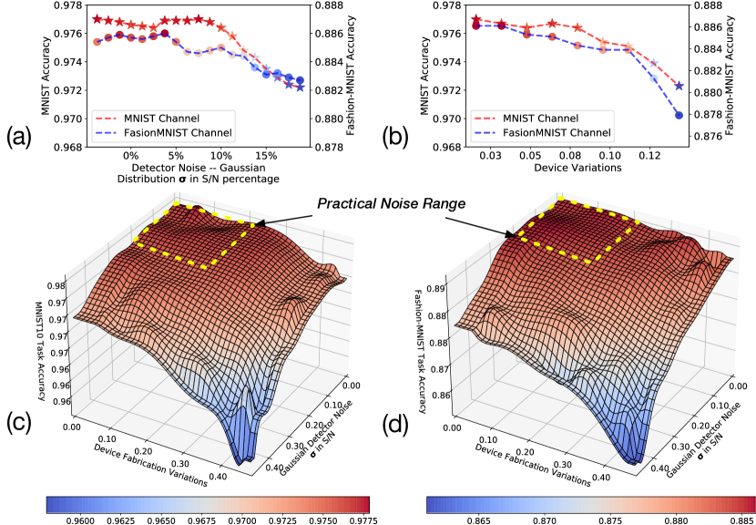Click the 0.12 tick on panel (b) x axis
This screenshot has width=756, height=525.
(650, 156)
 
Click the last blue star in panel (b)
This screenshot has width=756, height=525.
(679, 86)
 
